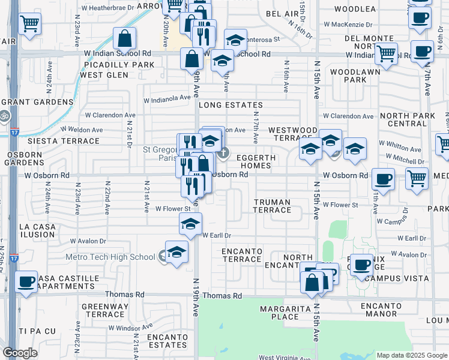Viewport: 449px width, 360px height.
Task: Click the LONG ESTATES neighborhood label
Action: pyautogui.click(x=231, y=105)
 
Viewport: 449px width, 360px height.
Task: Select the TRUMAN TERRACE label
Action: pyautogui.click(x=272, y=206)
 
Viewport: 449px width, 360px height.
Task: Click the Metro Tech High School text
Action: pyautogui.click(x=112, y=257)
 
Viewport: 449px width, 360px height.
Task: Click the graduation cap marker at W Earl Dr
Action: pyautogui.click(x=190, y=225)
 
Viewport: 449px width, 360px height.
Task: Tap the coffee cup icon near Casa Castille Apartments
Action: pyautogui.click(x=26, y=282)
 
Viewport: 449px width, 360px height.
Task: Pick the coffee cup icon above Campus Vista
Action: pyautogui.click(x=361, y=265)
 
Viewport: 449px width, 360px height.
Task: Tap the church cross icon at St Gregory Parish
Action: pyautogui.click(x=223, y=153)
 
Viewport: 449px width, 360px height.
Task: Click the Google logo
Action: pyautogui.click(x=20, y=353)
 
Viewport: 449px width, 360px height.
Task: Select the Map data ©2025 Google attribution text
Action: pyautogui.click(x=411, y=355)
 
